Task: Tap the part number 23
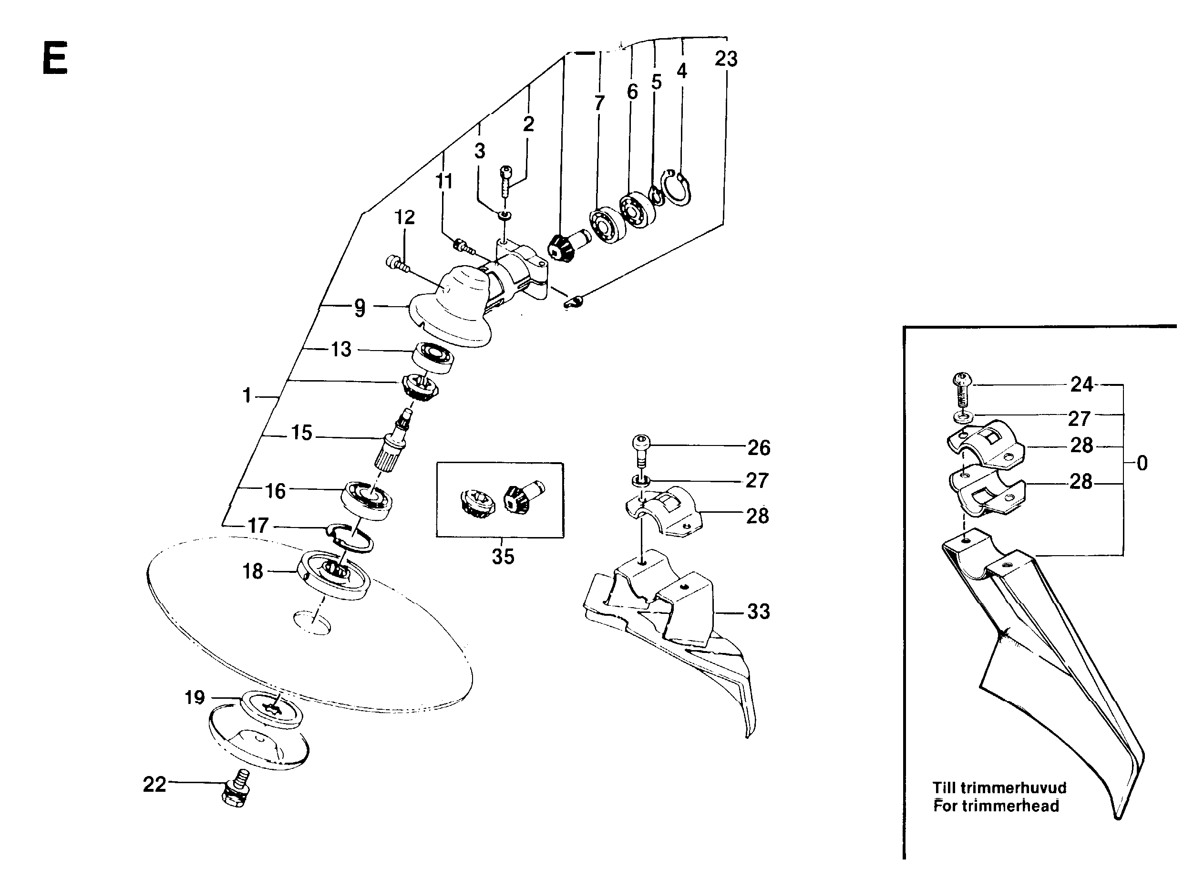pos(726,59)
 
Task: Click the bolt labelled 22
pos(236,790)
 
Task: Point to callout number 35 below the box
pos(503,557)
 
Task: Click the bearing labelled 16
pos(366,498)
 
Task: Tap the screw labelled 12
pos(397,264)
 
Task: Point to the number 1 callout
pos(247,396)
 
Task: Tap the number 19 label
pos(195,697)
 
